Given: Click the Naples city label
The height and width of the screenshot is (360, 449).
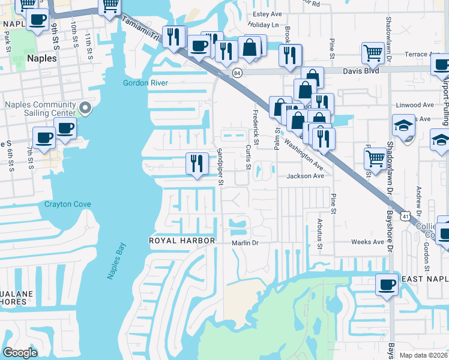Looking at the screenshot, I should point(42,59).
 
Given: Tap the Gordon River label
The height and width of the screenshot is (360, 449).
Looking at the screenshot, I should point(145,83).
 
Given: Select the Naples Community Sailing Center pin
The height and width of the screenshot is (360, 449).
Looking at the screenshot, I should point(85,109).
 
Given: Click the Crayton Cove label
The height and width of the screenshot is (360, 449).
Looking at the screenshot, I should point(68,204).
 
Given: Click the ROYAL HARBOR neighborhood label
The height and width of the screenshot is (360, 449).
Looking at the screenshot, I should point(182,241).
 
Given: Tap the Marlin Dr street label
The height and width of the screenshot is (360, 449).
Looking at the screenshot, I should point(245,243).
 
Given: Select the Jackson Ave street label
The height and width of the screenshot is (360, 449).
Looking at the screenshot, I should point(305,176).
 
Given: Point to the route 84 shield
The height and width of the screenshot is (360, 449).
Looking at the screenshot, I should point(237,73).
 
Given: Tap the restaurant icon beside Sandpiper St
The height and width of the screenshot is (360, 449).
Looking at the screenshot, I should point(196,163).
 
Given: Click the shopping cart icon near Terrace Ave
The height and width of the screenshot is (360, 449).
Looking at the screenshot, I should point(373,53).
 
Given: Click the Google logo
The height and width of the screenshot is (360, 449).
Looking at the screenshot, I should point(20,353).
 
